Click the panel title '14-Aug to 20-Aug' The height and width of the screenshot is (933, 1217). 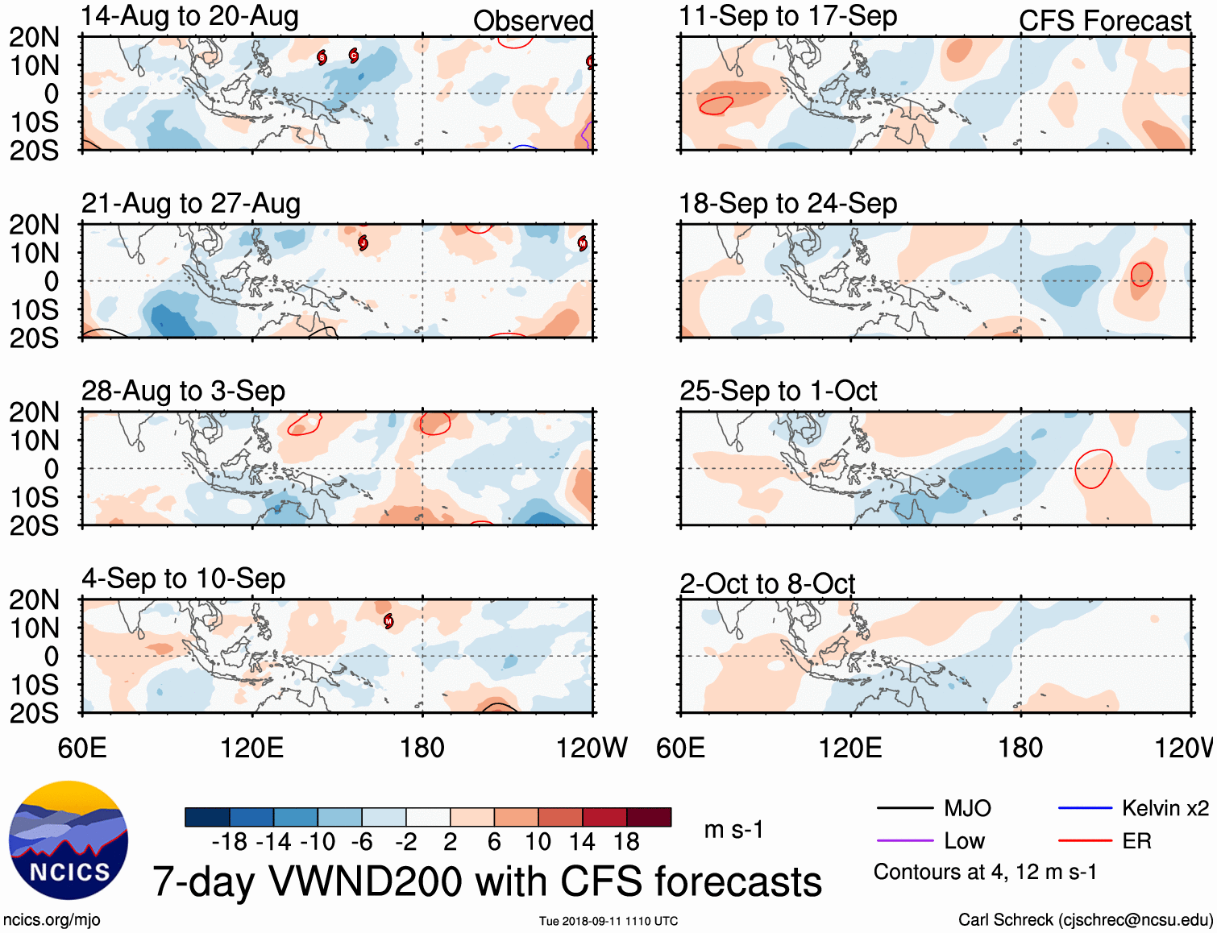pyautogui.click(x=190, y=16)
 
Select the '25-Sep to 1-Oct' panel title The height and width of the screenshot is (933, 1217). pyautogui.click(x=778, y=391)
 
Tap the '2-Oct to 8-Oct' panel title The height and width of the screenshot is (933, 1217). pyautogui.click(x=766, y=583)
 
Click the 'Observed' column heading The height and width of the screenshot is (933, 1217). pyautogui.click(x=533, y=21)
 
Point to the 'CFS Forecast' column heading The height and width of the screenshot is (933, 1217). pyautogui.click(x=1104, y=21)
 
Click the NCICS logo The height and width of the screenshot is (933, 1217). pyautogui.click(x=69, y=840)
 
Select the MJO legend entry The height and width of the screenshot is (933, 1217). pyautogui.click(x=967, y=808)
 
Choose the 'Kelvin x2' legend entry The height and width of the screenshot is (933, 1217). pyautogui.click(x=1165, y=808)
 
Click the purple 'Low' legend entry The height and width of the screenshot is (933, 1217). pyautogui.click(x=964, y=841)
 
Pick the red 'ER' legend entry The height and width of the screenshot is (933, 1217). pyautogui.click(x=1136, y=841)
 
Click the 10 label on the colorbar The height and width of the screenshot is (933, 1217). pyautogui.click(x=538, y=842)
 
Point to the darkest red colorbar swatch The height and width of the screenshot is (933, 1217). pyautogui.click(x=649, y=817)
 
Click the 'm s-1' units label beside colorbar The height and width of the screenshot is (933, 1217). pyautogui.click(x=733, y=829)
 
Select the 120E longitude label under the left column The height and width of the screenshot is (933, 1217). pyautogui.click(x=252, y=748)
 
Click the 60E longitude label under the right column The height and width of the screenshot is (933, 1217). pyautogui.click(x=681, y=748)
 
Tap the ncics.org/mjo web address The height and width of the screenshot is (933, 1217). pyautogui.click(x=52, y=919)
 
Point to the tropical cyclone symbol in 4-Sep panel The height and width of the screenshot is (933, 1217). pyautogui.click(x=388, y=620)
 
